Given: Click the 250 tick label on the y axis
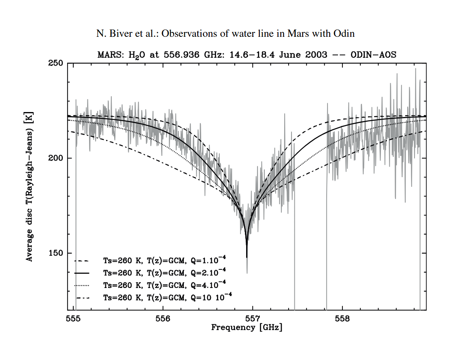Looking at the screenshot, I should [x=55, y=64].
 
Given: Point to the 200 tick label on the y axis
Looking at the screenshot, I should [x=55, y=158].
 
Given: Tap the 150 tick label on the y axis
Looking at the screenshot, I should [x=55, y=253].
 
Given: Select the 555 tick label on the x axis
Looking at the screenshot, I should [x=73, y=318].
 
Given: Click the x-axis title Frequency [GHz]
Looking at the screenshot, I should [x=247, y=327].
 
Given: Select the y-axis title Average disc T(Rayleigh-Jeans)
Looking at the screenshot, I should [x=30, y=186].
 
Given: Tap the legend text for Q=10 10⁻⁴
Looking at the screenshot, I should [x=168, y=297].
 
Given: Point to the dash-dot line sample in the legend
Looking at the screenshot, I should [x=83, y=298].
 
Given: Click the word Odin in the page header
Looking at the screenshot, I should [x=344, y=34].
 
